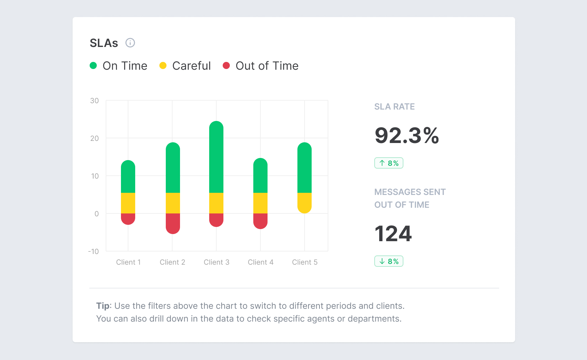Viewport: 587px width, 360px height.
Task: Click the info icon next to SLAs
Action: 130,43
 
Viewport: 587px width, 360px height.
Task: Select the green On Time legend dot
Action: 93,65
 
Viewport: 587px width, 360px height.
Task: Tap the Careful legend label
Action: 191,66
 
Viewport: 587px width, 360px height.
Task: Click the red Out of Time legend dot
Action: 226,65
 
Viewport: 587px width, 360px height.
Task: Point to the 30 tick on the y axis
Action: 94,101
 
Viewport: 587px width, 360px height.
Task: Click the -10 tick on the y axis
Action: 94,252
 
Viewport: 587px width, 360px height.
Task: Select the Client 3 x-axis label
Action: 216,262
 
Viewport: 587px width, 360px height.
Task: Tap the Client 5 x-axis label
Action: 305,262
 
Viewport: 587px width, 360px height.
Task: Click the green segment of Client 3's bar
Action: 216,158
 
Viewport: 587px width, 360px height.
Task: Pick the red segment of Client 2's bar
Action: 173,222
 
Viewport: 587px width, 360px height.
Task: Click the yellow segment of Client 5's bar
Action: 305,202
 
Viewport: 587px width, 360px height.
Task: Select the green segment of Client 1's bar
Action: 128,177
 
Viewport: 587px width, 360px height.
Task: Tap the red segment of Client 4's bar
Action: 260,220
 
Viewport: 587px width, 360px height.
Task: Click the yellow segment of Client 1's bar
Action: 128,203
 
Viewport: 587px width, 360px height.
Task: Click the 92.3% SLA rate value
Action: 407,136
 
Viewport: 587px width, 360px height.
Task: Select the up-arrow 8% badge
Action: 388,163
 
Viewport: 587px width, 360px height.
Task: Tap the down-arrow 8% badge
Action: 388,261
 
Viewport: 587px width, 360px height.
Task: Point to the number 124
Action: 393,234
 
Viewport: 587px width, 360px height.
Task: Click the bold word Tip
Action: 103,306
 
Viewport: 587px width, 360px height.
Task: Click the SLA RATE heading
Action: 394,107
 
